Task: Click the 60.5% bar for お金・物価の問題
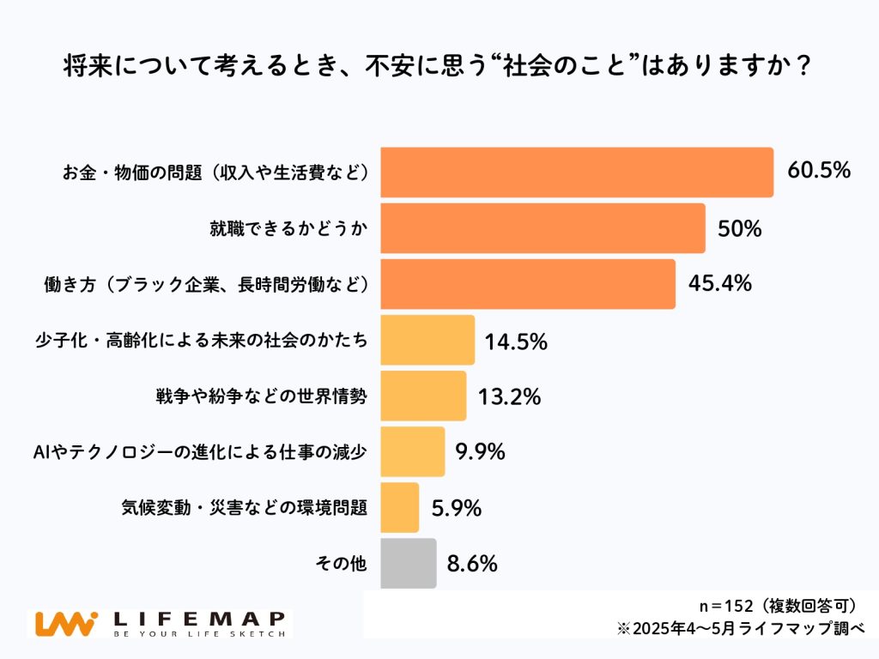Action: (576, 172)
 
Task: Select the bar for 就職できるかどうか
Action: (542, 228)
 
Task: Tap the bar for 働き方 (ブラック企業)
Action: (527, 284)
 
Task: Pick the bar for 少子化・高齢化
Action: (427, 340)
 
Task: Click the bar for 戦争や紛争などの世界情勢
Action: (422, 396)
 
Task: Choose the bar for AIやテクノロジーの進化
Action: (412, 451)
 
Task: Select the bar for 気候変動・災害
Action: (399, 507)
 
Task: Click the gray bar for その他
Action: (408, 563)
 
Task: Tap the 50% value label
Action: (739, 228)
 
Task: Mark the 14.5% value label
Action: (516, 341)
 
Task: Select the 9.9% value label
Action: (480, 451)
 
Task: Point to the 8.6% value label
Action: (472, 564)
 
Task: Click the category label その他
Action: (342, 564)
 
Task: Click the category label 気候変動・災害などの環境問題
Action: (245, 508)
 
